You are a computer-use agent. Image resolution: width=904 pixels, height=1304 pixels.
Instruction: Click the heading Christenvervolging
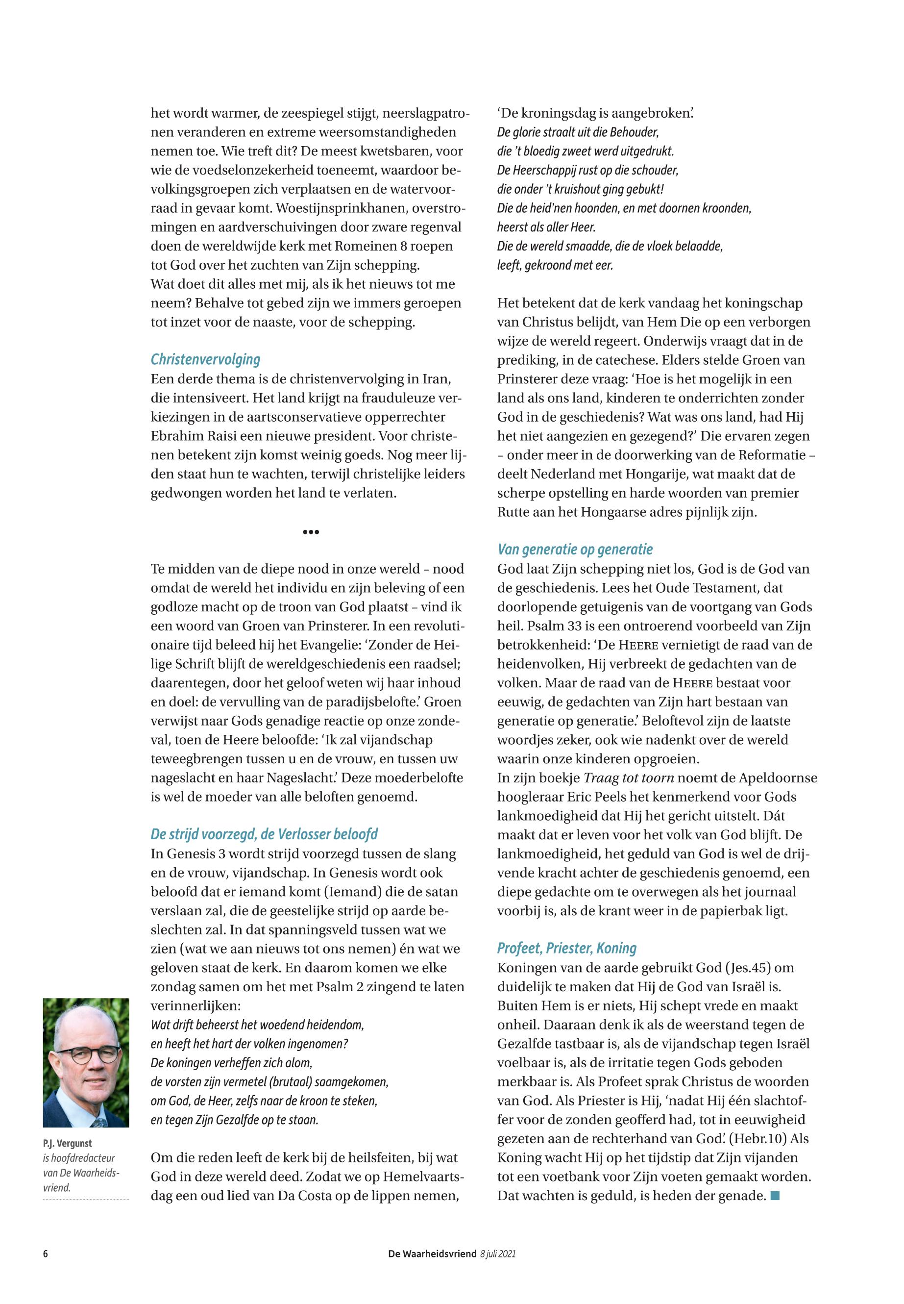pos(205,359)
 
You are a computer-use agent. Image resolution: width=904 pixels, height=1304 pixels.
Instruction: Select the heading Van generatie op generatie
pos(575,549)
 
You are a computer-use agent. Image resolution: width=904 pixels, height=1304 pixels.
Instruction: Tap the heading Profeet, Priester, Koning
pos(566,948)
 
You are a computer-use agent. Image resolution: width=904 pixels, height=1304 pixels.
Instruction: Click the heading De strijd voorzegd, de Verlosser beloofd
pos(264,834)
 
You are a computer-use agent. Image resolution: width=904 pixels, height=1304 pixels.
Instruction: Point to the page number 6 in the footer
pos(45,1254)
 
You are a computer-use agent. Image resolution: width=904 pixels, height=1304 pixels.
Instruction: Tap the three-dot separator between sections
pos(311,532)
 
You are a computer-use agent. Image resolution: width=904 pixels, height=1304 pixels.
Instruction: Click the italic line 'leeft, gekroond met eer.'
pos(555,265)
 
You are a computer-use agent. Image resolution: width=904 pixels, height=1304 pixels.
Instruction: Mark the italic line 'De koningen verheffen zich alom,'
pos(232,1063)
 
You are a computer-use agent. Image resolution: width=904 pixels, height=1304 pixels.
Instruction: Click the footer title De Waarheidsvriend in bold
pos(432,1254)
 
